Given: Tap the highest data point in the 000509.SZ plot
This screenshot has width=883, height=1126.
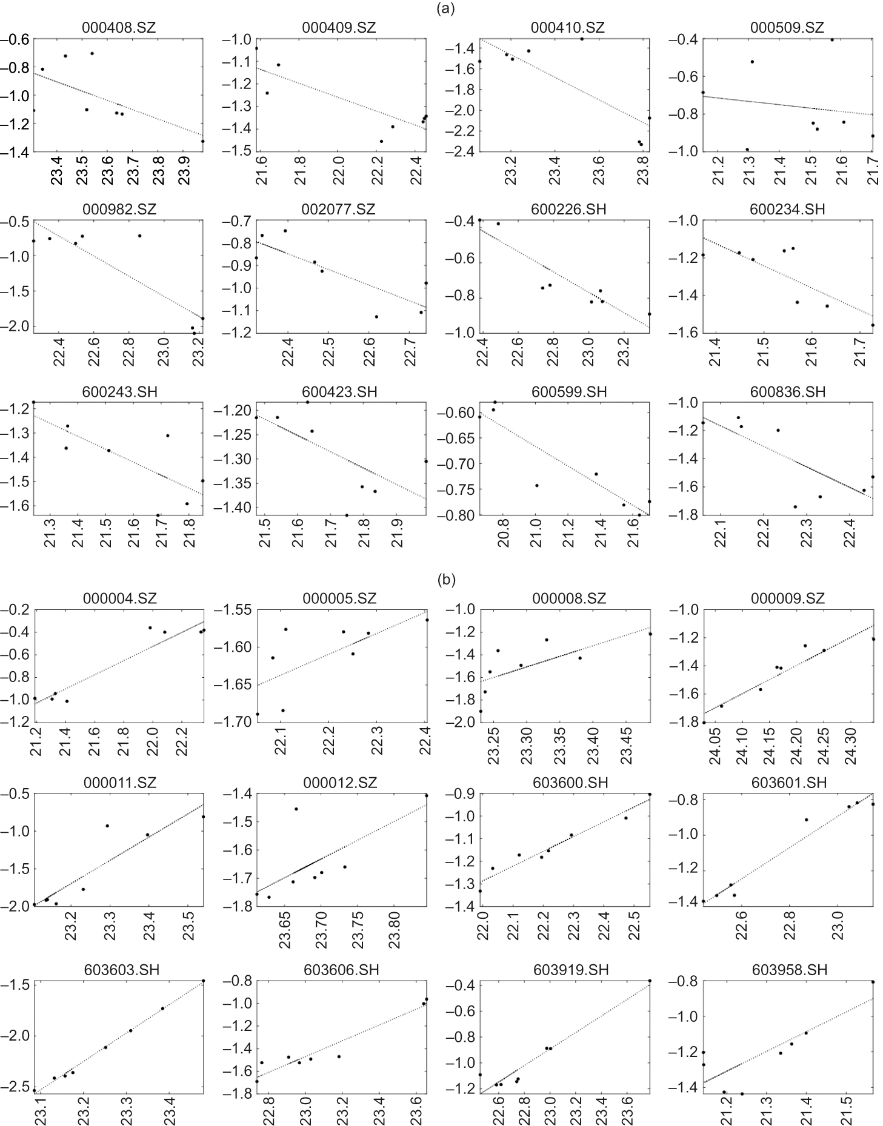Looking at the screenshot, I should coord(832,40).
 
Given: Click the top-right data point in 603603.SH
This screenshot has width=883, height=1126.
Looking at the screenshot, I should coord(203,981).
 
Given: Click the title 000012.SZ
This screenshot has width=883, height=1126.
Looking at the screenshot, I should coord(339,783).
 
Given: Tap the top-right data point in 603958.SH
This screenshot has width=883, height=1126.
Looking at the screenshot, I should coord(873,982).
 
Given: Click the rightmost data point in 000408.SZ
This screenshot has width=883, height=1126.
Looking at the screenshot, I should coord(202,141).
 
